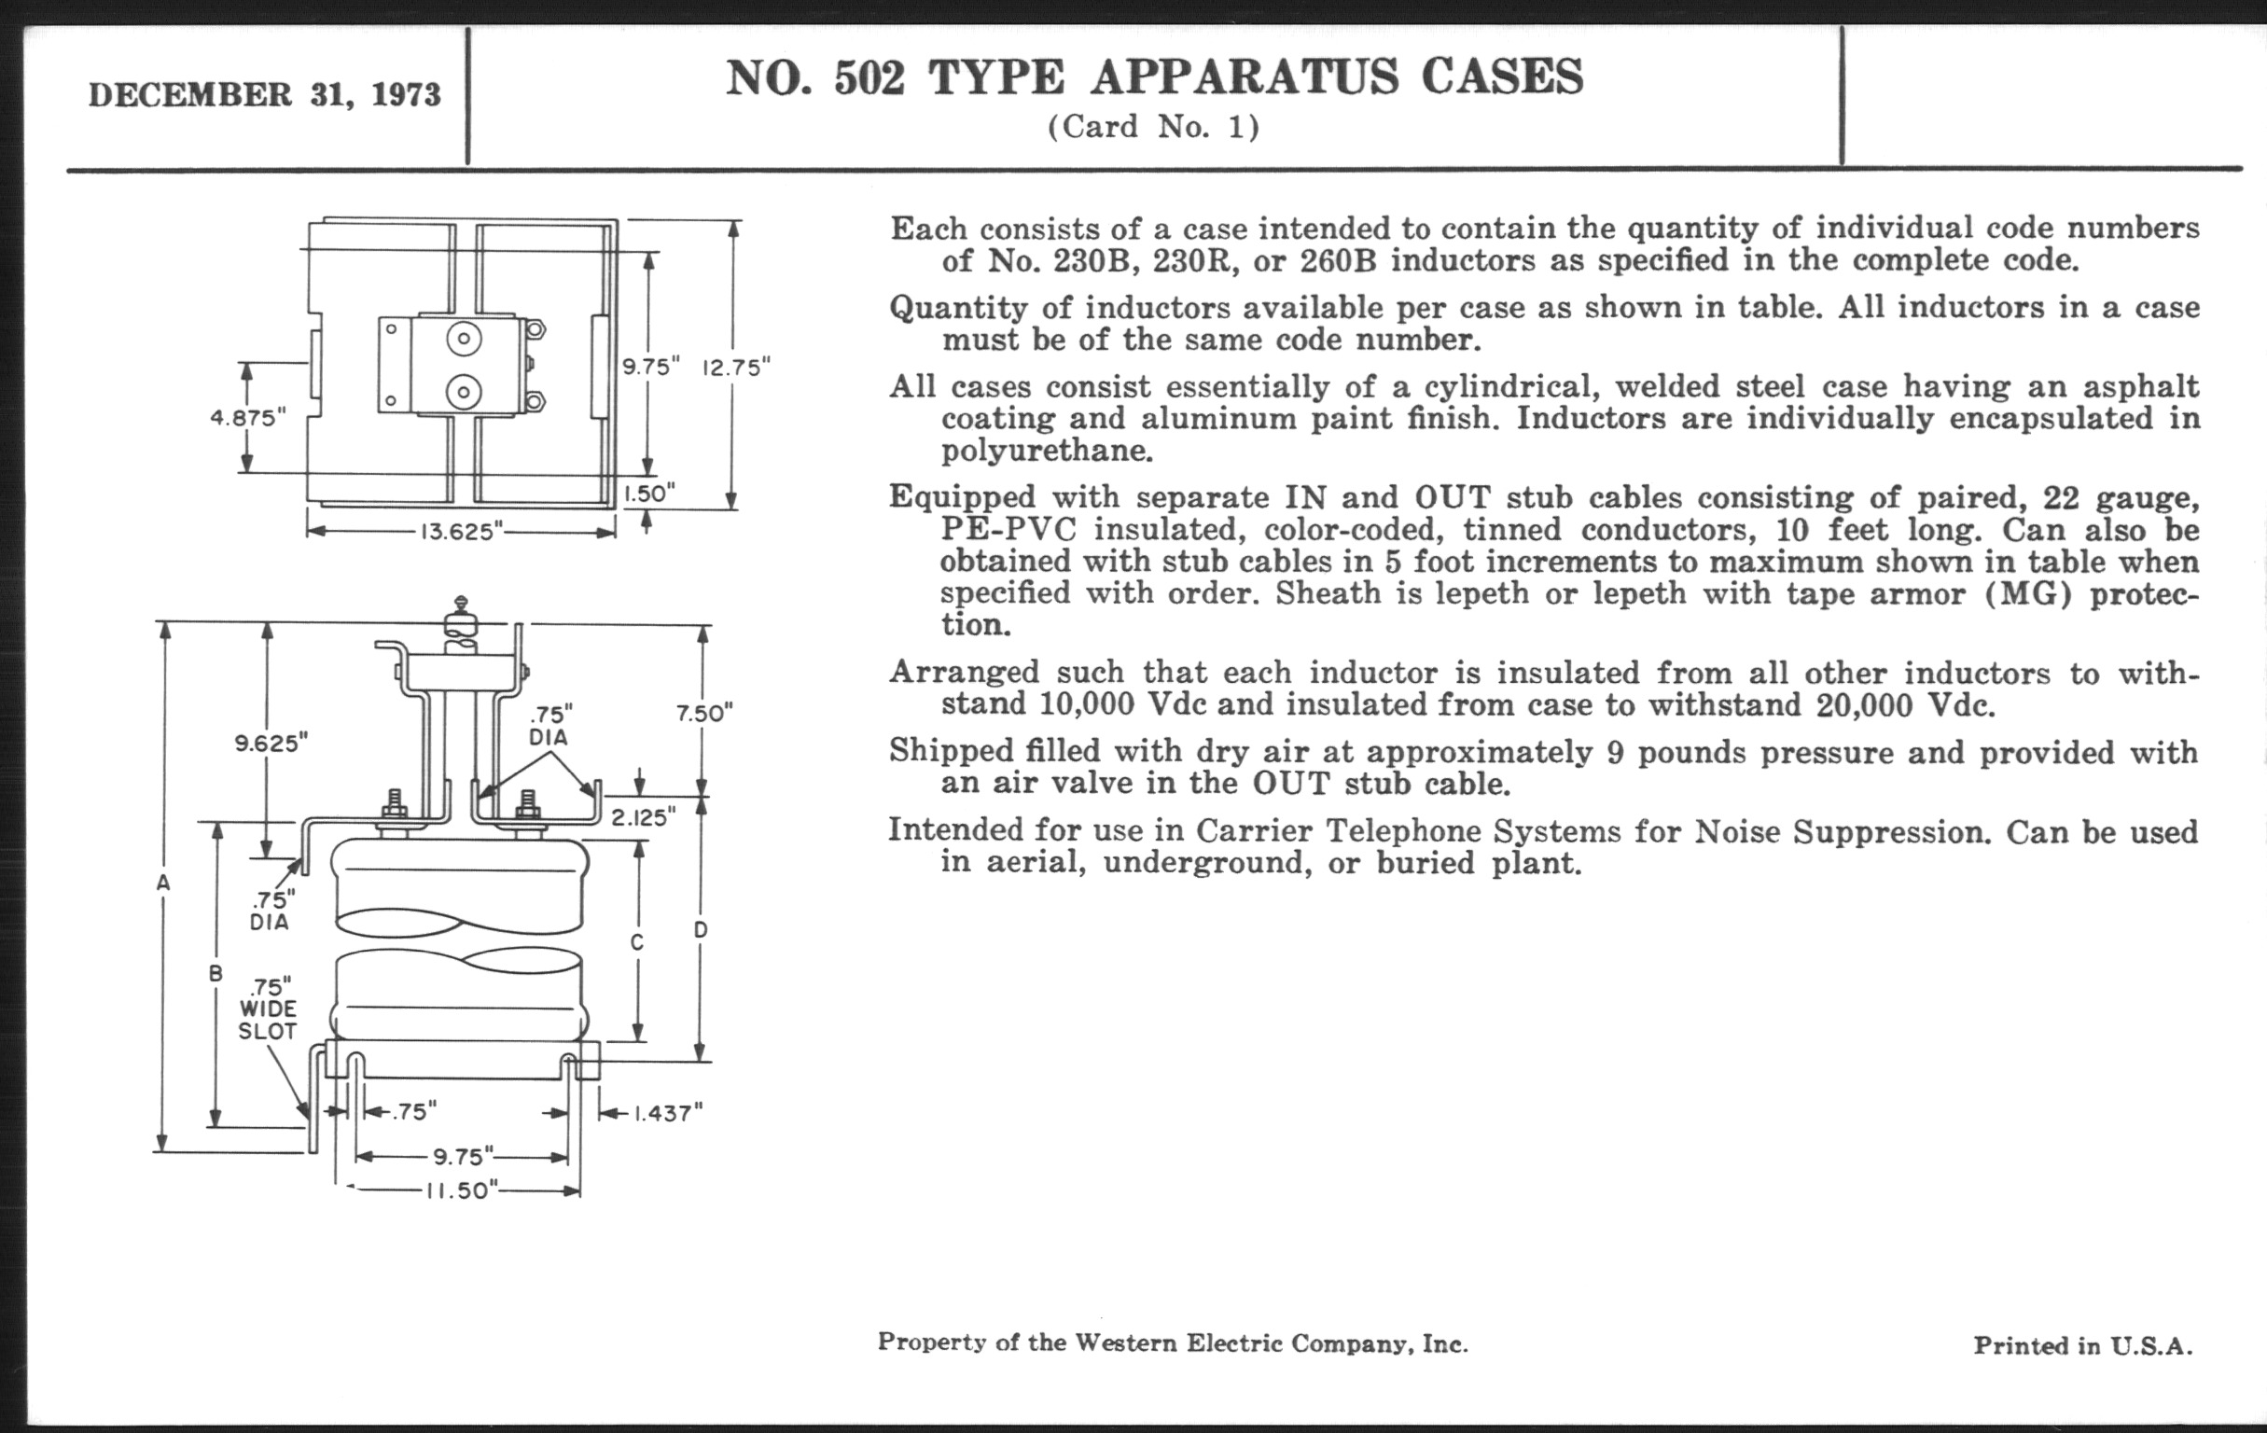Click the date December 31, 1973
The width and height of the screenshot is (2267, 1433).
[x=265, y=95]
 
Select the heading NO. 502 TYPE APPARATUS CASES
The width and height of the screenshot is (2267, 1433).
[x=1153, y=77]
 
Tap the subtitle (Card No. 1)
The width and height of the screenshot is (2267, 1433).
[x=1153, y=127]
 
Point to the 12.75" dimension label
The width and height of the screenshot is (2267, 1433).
[x=736, y=368]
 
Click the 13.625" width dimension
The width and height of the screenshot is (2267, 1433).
[x=459, y=532]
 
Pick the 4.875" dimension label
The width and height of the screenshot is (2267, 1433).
[x=247, y=417]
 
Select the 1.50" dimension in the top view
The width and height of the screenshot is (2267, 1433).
[x=648, y=494]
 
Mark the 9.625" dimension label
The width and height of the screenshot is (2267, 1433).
[x=271, y=744]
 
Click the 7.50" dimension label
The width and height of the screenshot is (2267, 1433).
[x=704, y=714]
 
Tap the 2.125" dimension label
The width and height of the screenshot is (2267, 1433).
[x=644, y=816]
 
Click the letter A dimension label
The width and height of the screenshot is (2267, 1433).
[x=164, y=883]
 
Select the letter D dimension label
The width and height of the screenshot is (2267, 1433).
[x=701, y=930]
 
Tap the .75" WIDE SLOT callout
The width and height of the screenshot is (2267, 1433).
[x=268, y=1009]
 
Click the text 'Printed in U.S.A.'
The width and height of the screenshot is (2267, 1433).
[x=2082, y=1345]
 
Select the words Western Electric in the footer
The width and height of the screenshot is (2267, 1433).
[x=1178, y=1343]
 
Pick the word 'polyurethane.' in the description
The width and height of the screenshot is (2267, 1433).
[x=1047, y=451]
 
